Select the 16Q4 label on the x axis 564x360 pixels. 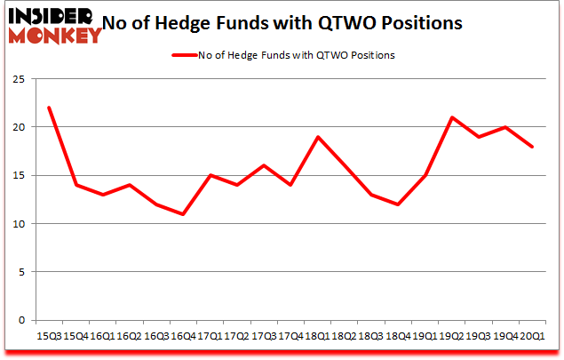pyautogui.click(x=182, y=336)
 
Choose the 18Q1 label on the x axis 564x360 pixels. pyautogui.click(x=316, y=336)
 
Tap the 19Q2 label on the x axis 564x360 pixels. pyautogui.click(x=451, y=336)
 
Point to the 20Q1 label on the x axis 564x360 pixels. pyautogui.click(x=531, y=336)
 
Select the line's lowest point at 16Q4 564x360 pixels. pyautogui.click(x=182, y=214)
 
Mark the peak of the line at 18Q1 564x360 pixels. pyautogui.click(x=316, y=137)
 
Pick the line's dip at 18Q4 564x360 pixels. pyautogui.click(x=397, y=204)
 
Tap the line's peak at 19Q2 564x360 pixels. pyautogui.click(x=451, y=117)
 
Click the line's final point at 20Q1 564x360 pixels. pyautogui.click(x=531, y=147)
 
